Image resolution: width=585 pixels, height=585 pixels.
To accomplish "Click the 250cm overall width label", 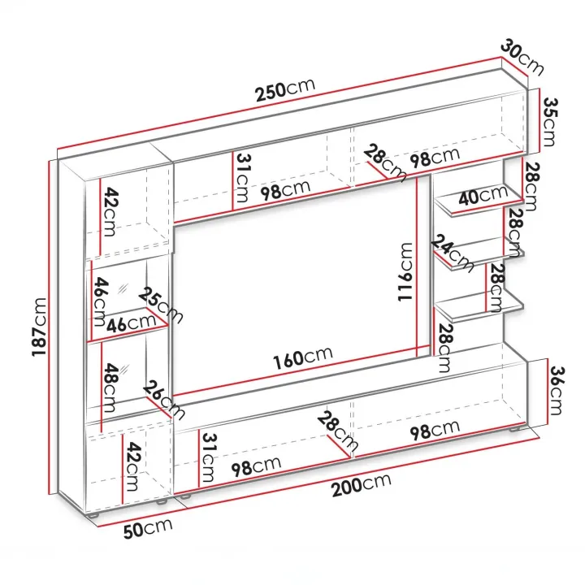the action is [x=285, y=90].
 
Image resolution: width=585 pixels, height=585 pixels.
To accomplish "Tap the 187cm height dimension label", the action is [x=39, y=327].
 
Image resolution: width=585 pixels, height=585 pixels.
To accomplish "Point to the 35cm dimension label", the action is [x=549, y=122].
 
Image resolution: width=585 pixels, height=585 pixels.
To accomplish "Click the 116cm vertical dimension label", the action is [x=405, y=271].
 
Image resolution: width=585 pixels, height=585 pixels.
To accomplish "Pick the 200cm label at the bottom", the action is [x=361, y=484].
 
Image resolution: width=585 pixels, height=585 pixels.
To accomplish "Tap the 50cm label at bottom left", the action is [x=148, y=528].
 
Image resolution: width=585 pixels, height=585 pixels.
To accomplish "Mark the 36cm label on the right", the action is [x=557, y=391].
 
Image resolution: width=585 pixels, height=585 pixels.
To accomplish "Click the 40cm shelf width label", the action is [x=483, y=195].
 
